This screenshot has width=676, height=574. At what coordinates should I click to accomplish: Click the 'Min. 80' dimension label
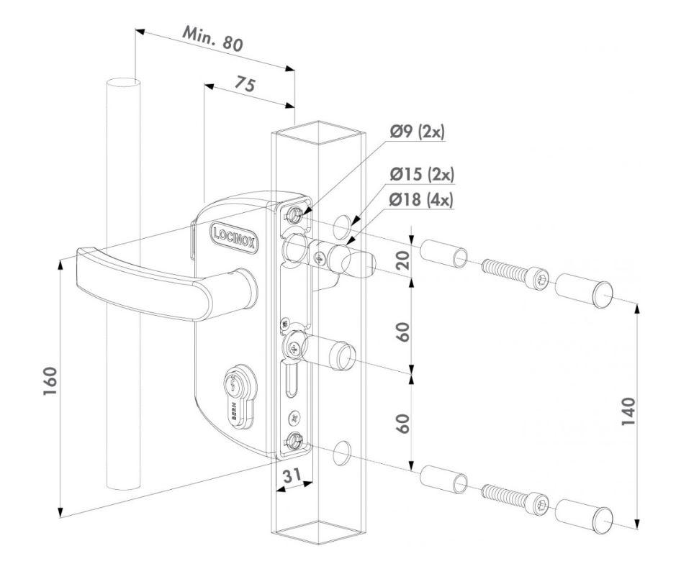pyautogui.click(x=212, y=42)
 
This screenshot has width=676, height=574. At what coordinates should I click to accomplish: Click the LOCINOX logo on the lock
pyautogui.click(x=235, y=234)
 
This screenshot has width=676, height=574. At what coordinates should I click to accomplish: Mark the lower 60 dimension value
pyautogui.click(x=403, y=423)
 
